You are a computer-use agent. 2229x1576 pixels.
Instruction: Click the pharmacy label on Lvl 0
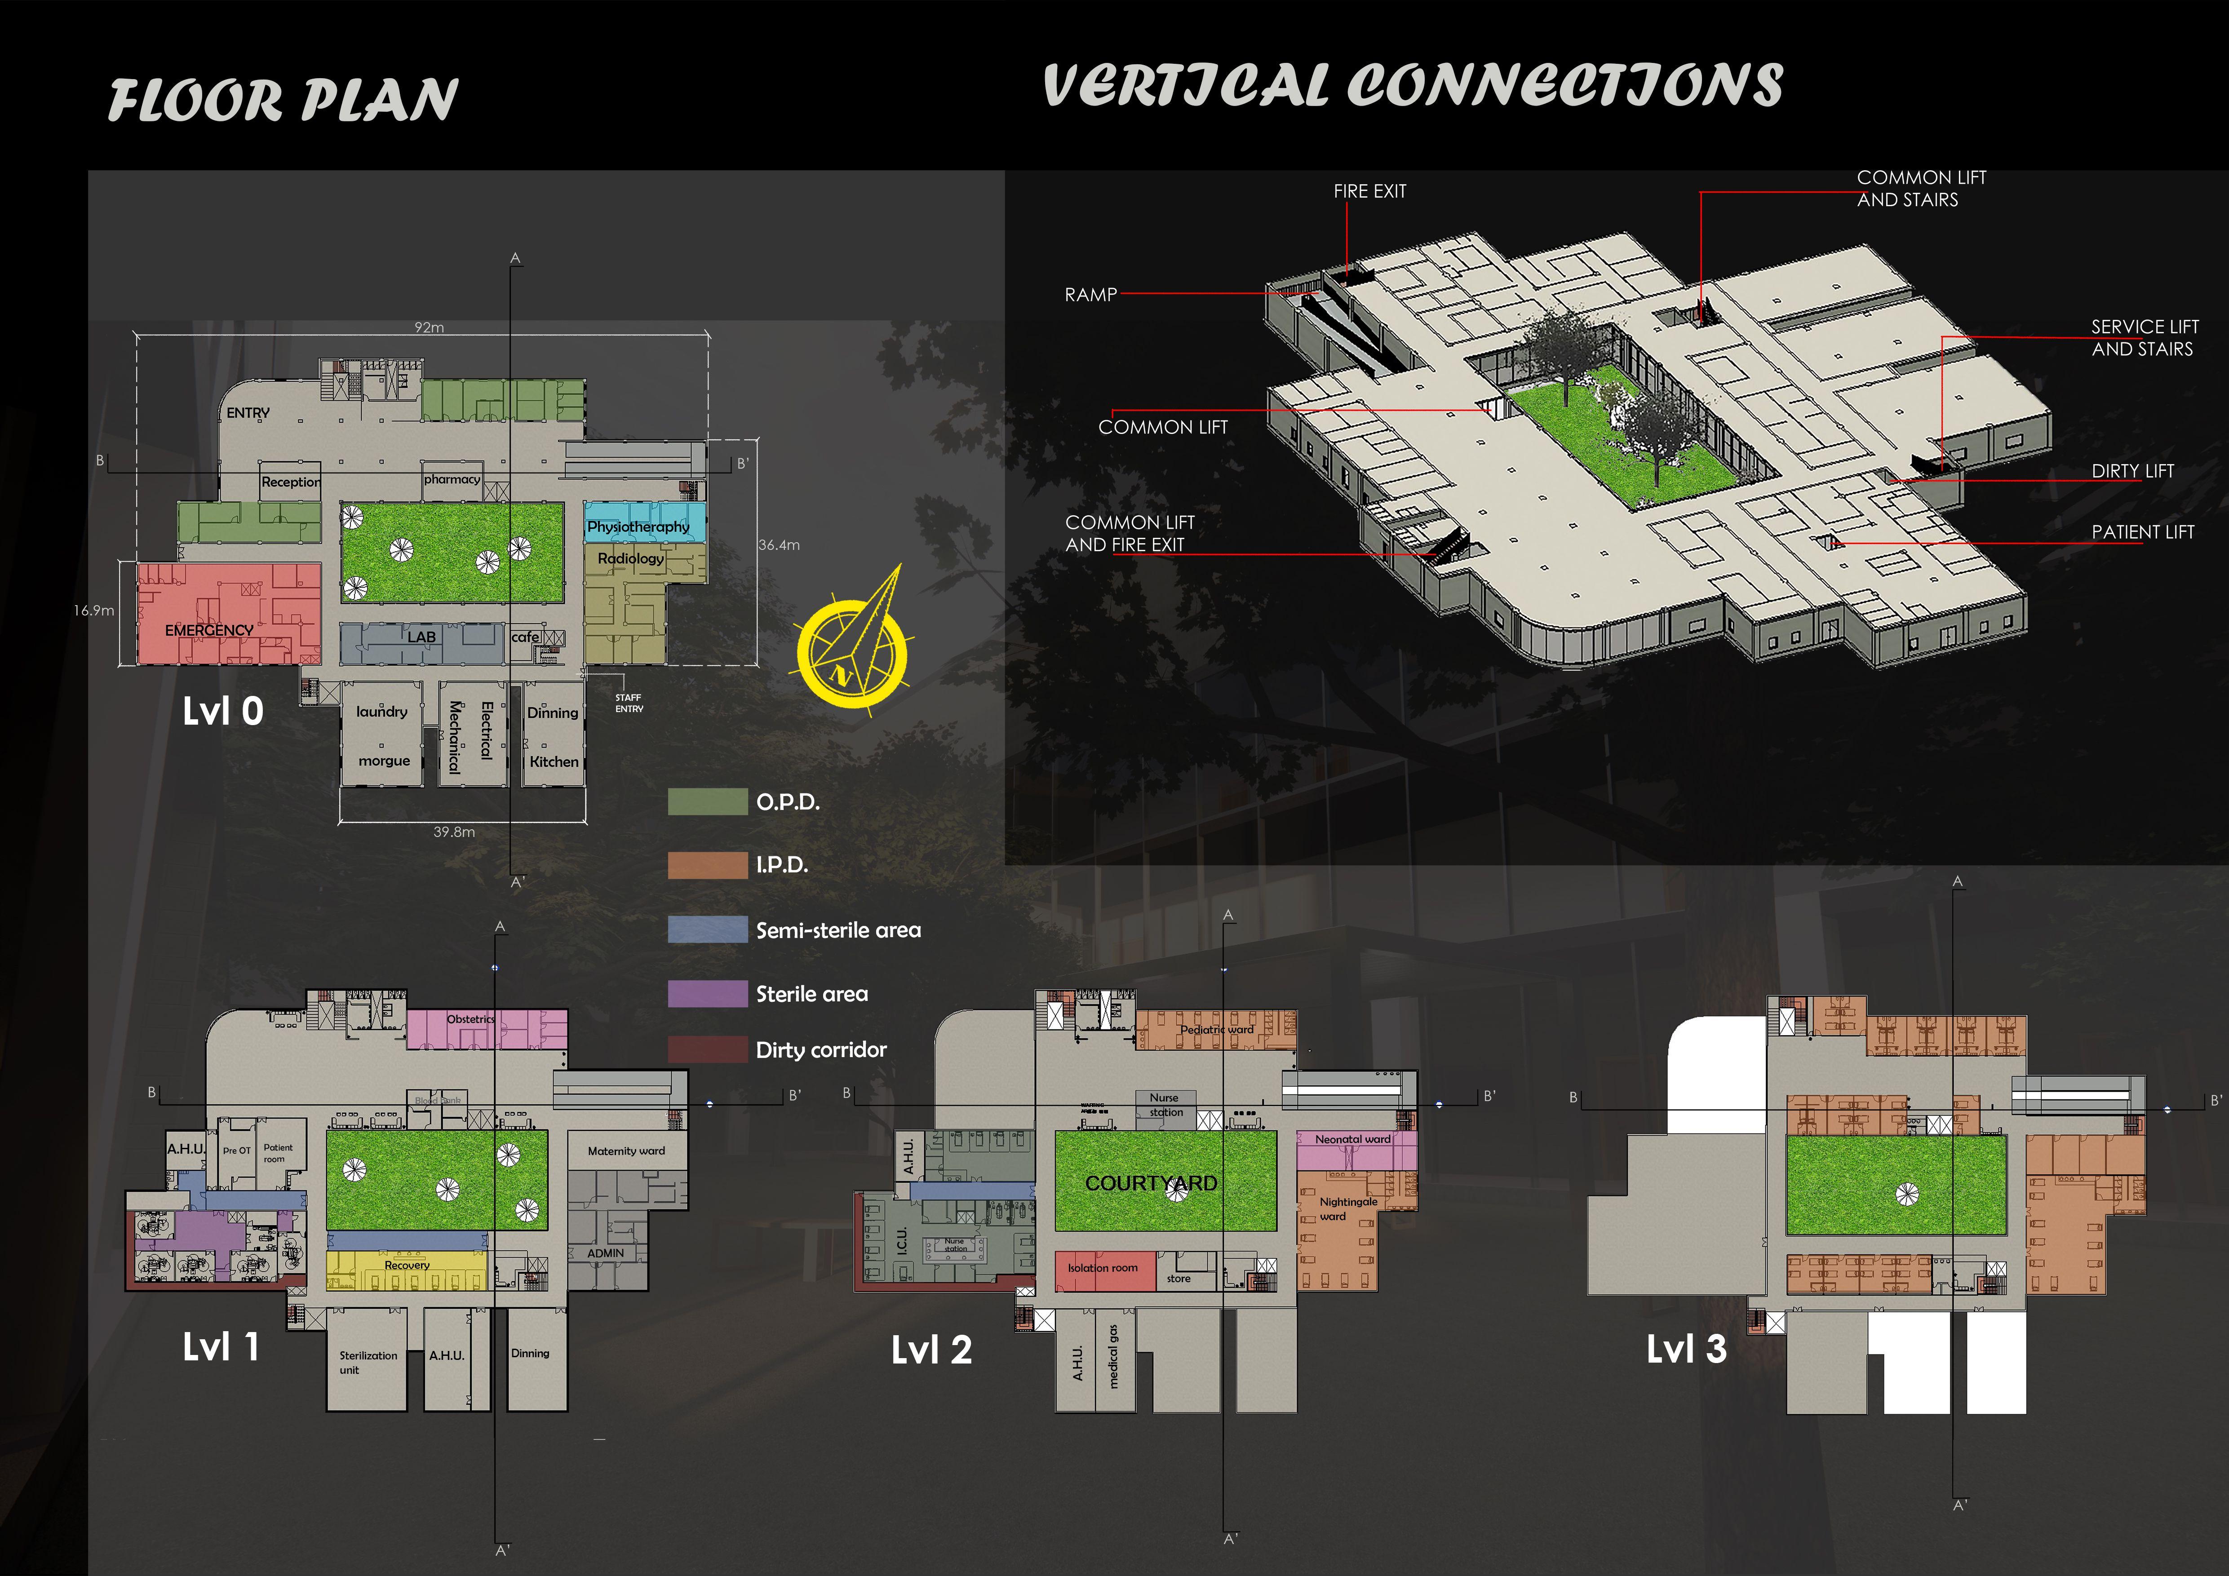[452, 479]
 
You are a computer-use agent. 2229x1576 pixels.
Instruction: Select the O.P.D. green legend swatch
[707, 801]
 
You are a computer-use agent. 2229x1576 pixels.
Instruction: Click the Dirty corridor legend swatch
[707, 1049]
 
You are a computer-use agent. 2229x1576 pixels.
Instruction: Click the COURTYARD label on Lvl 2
[1150, 1183]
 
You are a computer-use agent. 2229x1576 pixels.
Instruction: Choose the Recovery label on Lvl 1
[407, 1266]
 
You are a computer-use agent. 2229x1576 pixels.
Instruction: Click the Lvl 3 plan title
[1686, 1349]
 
